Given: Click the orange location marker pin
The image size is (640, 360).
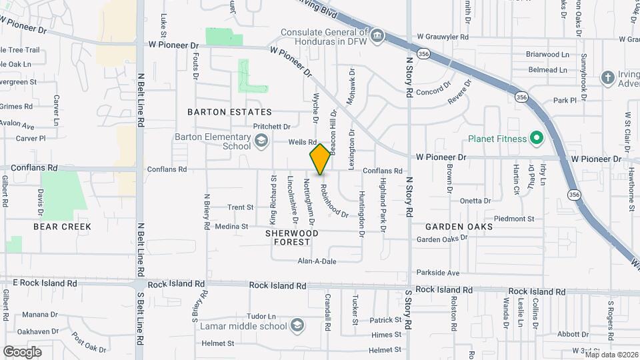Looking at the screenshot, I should tap(320, 159).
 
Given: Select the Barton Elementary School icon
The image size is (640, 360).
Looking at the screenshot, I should tap(261, 141).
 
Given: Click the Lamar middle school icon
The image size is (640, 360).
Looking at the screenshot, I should tap(297, 326).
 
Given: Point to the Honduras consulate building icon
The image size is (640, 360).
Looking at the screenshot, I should tap(377, 35).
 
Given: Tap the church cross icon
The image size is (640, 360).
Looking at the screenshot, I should tap(607, 77).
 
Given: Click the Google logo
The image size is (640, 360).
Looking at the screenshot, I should tap(22, 351).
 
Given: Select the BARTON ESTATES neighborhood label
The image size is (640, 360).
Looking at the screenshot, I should tap(229, 112).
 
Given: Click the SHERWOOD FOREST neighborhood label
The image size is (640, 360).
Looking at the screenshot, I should tap(292, 237).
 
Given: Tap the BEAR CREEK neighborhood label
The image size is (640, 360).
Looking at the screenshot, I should tap(62, 227).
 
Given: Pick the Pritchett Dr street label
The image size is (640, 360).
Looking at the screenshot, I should tap(272, 126).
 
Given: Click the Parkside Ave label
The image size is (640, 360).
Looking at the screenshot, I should tap(438, 273).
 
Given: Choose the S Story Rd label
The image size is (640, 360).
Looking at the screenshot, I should tap(409, 323).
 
